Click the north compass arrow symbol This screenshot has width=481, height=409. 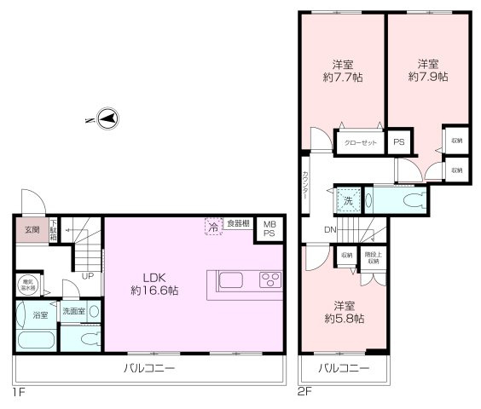[108, 120]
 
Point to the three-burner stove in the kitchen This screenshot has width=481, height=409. [271, 280]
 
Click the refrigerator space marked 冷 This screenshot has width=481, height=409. [212, 228]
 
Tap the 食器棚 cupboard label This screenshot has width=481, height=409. [239, 223]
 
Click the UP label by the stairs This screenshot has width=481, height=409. [87, 276]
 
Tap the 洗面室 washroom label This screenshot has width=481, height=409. [73, 311]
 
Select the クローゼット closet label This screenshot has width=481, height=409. [361, 143]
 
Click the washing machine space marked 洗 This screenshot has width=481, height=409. [347, 201]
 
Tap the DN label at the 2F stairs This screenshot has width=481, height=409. [330, 229]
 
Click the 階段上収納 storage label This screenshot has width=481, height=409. [372, 256]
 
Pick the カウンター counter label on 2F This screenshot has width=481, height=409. [305, 185]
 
